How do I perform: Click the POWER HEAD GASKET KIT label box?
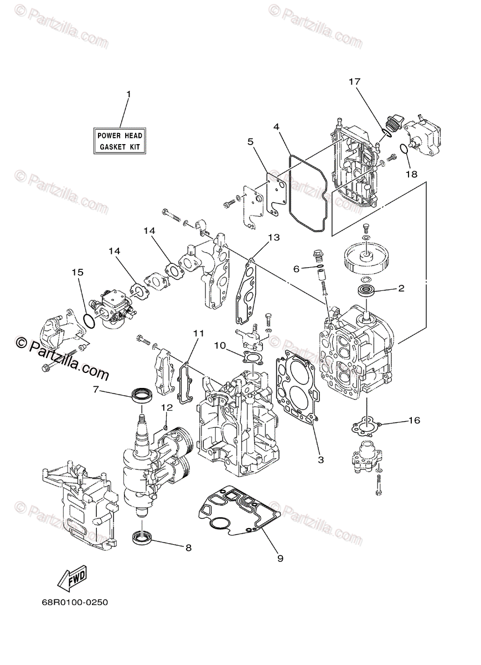(x=120, y=141)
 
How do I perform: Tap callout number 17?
(x=354, y=82)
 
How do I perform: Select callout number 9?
(x=280, y=558)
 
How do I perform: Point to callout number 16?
(x=414, y=421)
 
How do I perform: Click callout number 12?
(x=167, y=407)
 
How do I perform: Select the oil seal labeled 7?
(x=142, y=395)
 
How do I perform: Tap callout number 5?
(x=250, y=142)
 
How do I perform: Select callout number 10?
(x=220, y=345)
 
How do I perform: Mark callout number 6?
(x=297, y=268)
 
